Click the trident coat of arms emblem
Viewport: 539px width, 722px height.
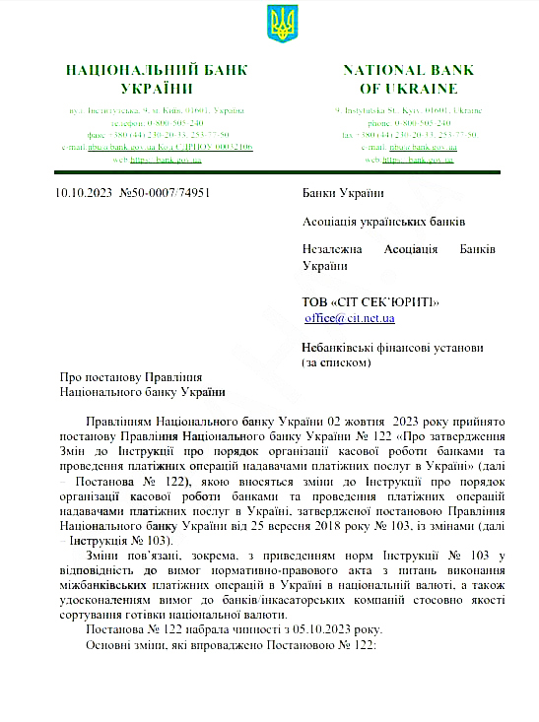click(x=282, y=24)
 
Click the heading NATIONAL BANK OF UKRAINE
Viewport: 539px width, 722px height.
click(x=408, y=79)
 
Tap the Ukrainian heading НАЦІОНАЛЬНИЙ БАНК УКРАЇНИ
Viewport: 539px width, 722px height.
click(x=157, y=79)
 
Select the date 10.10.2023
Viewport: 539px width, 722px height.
click(x=83, y=193)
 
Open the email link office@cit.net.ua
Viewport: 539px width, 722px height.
click(x=350, y=318)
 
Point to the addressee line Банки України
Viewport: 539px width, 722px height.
click(x=343, y=193)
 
